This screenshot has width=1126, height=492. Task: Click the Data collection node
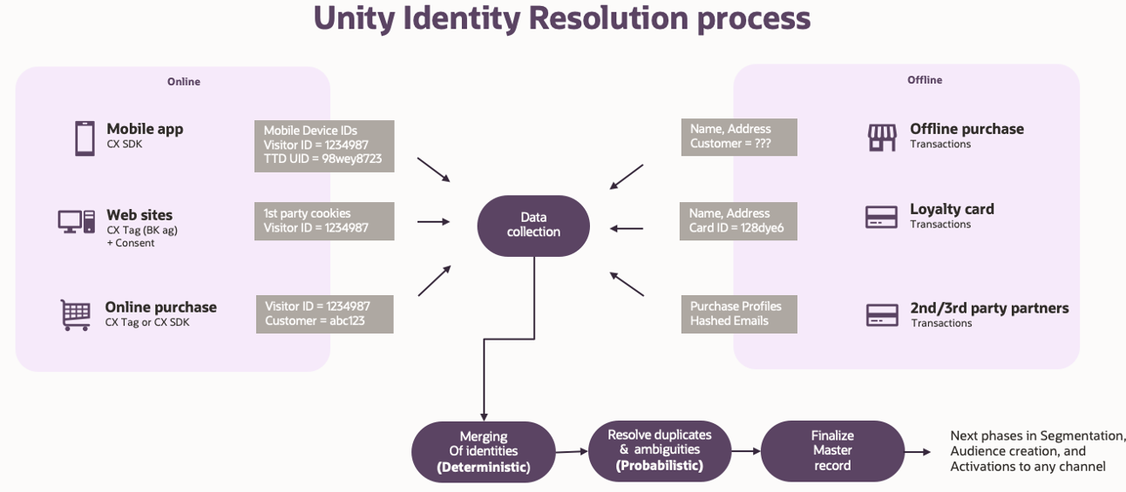[533, 226]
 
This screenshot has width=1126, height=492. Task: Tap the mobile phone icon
[85, 138]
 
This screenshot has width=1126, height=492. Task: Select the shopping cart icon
[76, 314]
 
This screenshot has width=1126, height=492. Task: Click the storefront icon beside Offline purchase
[881, 137]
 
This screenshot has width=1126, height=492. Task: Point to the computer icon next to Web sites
[77, 222]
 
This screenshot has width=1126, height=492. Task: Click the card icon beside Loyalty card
[881, 217]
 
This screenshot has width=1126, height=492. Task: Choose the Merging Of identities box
[483, 452]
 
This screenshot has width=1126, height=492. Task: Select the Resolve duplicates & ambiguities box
[659, 450]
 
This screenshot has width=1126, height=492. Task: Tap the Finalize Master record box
[832, 450]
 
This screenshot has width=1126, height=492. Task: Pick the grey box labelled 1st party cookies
[323, 221]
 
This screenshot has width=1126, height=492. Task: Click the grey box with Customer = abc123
[324, 313]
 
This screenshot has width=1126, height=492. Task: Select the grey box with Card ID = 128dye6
[738, 221]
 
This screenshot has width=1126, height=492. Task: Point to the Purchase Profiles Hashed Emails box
[738, 313]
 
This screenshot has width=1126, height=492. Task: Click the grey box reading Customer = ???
[738, 137]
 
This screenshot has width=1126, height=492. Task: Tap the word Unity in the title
[358, 18]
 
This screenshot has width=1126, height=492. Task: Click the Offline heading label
[924, 80]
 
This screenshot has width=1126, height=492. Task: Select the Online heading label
[183, 82]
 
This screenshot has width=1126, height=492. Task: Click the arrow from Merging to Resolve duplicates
[571, 451]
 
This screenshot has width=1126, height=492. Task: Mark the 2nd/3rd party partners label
[989, 308]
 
